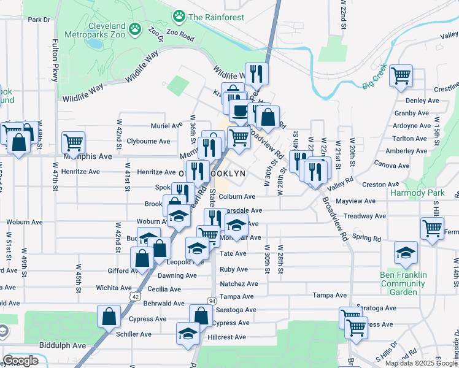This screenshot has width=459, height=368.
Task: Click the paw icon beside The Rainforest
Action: click(179, 15)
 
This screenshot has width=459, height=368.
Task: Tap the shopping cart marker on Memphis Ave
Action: click(73, 142)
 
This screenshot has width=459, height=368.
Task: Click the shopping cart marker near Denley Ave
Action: click(401, 75)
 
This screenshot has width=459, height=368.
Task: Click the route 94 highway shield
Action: click(212, 301)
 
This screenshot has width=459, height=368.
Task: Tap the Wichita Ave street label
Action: click(114, 288)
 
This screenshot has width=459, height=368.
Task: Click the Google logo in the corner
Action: click(20, 361)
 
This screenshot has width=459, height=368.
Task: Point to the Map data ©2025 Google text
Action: click(420, 363)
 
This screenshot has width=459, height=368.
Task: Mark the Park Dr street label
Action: click(39, 20)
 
